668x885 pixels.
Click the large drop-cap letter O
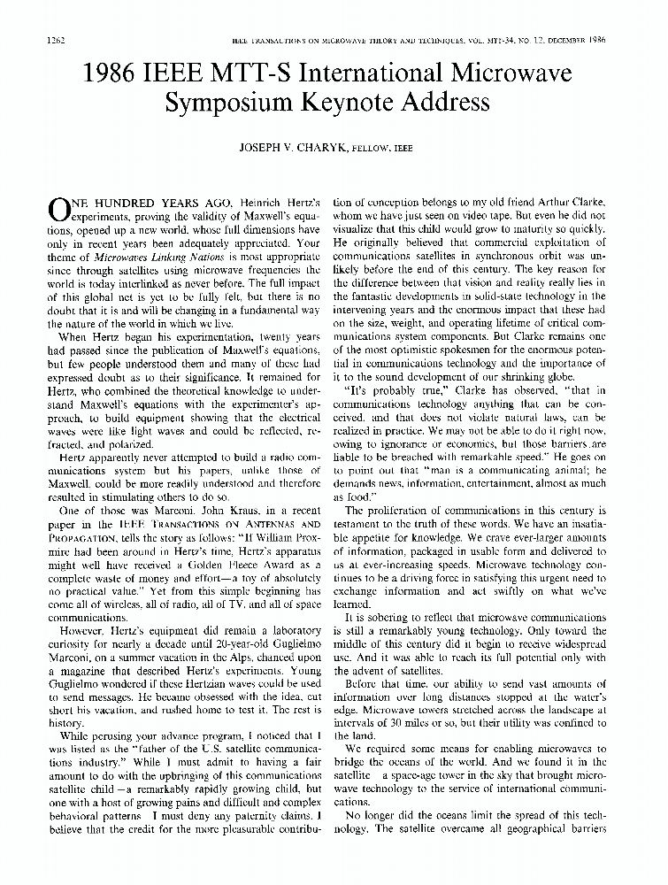pos(58,209)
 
